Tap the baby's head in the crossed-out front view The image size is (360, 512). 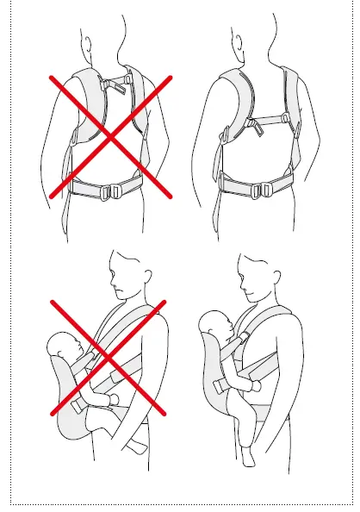63,353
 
